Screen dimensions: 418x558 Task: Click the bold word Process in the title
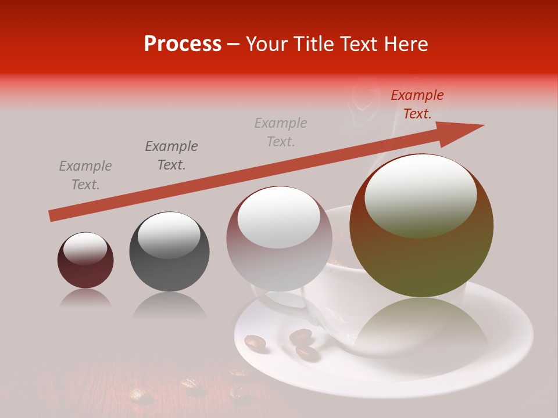[183, 44]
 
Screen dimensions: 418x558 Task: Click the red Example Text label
[417, 105]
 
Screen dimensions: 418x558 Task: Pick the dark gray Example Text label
[171, 156]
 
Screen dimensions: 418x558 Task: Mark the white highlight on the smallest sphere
[85, 248]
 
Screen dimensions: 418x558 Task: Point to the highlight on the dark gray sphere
[169, 235]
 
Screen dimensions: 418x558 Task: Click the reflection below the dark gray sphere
[169, 304]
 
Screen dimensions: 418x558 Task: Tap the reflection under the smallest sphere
[85, 298]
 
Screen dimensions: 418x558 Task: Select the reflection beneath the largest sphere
[421, 325]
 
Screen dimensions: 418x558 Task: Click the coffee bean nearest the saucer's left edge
[255, 343]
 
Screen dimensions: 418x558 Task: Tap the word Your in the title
[266, 44]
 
